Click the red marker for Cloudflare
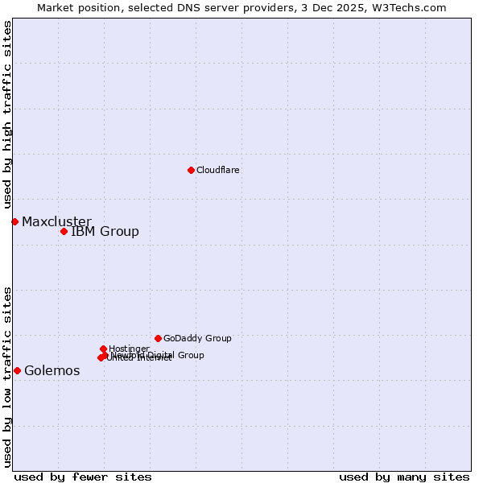coord(191,170)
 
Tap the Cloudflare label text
coord(217,170)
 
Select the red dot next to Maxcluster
coord(14,221)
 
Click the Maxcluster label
coord(56,221)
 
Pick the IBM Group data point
coord(64,231)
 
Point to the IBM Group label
coord(105,232)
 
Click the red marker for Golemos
coord(17,370)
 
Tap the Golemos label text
coord(52,371)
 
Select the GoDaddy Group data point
coord(158,338)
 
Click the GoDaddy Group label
coord(197,338)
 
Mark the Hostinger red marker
coord(103,349)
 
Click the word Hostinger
coord(129,349)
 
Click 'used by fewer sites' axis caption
coord(83,477)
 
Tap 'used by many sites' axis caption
coord(404,477)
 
